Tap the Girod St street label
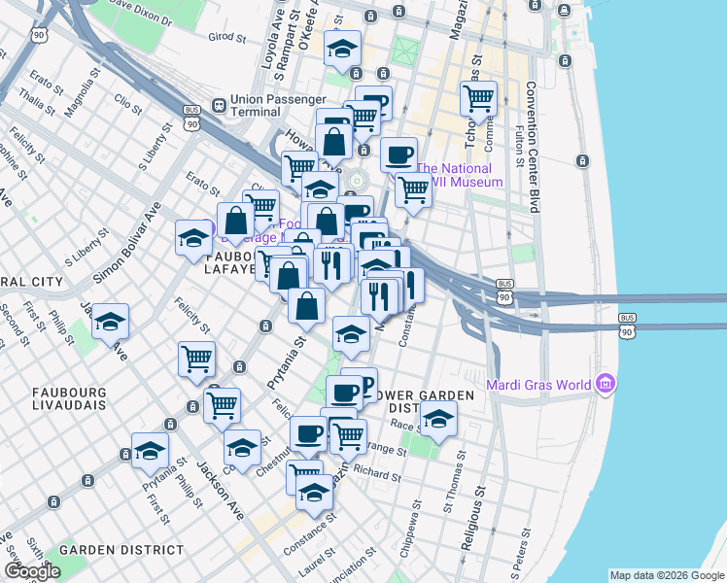(227, 37)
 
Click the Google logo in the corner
(32, 571)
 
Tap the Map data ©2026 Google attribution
(667, 575)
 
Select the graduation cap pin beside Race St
(438, 419)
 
